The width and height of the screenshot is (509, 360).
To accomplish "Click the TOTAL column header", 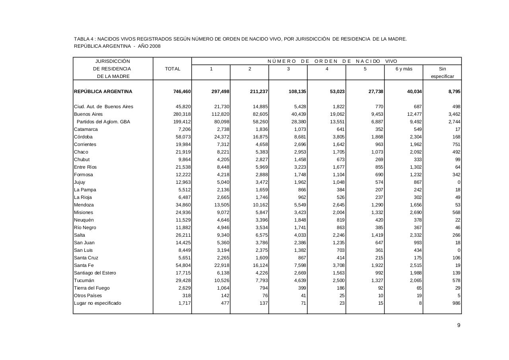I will pyautogui.click(x=173, y=69).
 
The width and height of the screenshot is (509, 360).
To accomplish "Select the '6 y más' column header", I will pyautogui.click(x=404, y=69).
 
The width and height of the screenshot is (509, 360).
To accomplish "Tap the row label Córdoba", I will pyautogui.click(x=83, y=137).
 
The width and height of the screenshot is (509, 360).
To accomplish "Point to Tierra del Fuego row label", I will pyautogui.click(x=92, y=288).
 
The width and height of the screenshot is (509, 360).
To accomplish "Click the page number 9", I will pyautogui.click(x=458, y=325).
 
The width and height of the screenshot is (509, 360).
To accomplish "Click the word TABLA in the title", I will pyautogui.click(x=81, y=39).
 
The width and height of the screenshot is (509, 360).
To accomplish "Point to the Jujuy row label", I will pyautogui.click(x=80, y=182).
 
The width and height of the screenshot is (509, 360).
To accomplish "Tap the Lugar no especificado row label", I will pyautogui.click(x=98, y=303).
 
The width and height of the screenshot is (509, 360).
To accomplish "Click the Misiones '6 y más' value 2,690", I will pyautogui.click(x=415, y=212).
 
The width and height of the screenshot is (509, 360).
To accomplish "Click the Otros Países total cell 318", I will pyautogui.click(x=186, y=296).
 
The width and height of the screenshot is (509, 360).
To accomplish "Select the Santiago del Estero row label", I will pyautogui.click(x=95, y=273).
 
